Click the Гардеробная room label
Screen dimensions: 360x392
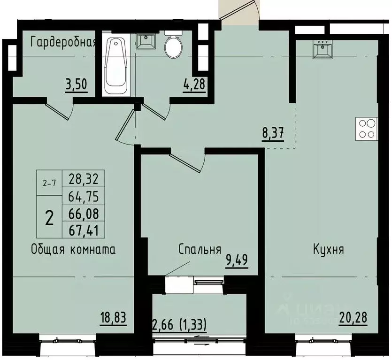[63, 43]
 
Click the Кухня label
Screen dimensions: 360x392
[329, 249]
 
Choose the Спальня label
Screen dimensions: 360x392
[200, 249]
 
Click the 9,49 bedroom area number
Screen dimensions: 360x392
[237, 259]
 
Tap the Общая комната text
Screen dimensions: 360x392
[73, 249]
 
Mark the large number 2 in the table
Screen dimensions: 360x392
[49, 217]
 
